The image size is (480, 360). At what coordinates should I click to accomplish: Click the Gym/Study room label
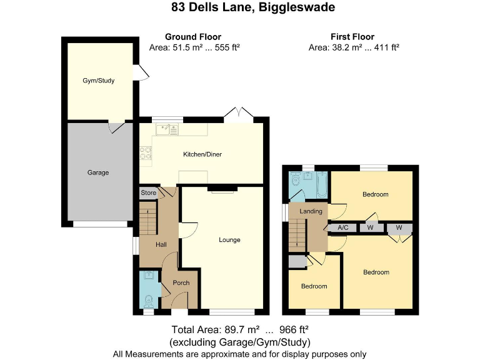99,81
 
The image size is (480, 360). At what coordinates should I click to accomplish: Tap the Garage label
97,172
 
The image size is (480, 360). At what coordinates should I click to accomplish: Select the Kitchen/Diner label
202,154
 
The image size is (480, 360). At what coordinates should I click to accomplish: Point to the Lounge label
229,239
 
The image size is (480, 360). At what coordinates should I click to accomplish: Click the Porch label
181,283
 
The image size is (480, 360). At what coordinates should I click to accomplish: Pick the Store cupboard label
148,192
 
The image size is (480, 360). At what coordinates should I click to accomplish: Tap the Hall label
161,244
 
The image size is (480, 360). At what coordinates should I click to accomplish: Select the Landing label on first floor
311,211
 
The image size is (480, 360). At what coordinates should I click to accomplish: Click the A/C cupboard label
342,228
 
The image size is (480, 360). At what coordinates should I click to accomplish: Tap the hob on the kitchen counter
146,152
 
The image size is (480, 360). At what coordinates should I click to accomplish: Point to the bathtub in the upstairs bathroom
321,184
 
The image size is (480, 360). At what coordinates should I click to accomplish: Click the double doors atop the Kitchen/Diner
239,112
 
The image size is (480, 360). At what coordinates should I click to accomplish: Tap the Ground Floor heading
193,37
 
